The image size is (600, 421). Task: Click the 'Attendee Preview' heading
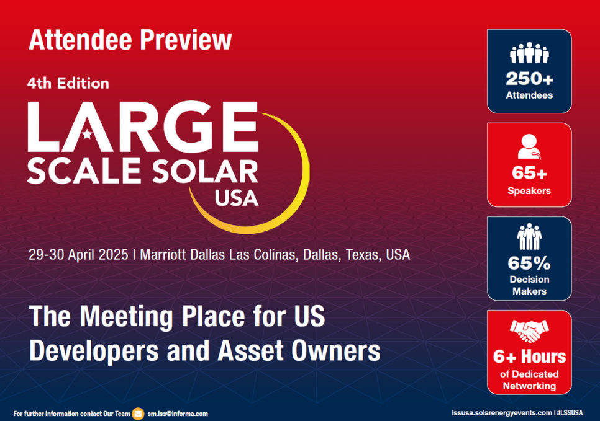pyautogui.click(x=130, y=40)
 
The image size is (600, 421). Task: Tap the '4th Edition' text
pyautogui.click(x=68, y=83)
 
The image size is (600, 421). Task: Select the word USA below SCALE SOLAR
pyautogui.click(x=236, y=198)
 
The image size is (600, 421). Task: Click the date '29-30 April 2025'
pyautogui.click(x=78, y=255)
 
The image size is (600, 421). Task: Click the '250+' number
pyautogui.click(x=529, y=79)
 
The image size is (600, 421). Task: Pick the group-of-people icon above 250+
pyautogui.click(x=529, y=54)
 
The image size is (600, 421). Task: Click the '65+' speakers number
pyautogui.click(x=529, y=174)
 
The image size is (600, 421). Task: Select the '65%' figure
pyautogui.click(x=529, y=264)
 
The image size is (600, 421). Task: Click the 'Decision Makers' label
pyautogui.click(x=529, y=285)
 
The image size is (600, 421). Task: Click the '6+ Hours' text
pyautogui.click(x=529, y=357)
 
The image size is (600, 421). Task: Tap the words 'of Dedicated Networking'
pyautogui.click(x=529, y=380)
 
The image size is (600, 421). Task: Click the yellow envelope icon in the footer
pyautogui.click(x=138, y=414)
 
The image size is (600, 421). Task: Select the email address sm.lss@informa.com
pyautogui.click(x=178, y=414)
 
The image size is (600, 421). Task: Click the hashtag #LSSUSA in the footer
pyautogui.click(x=571, y=413)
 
